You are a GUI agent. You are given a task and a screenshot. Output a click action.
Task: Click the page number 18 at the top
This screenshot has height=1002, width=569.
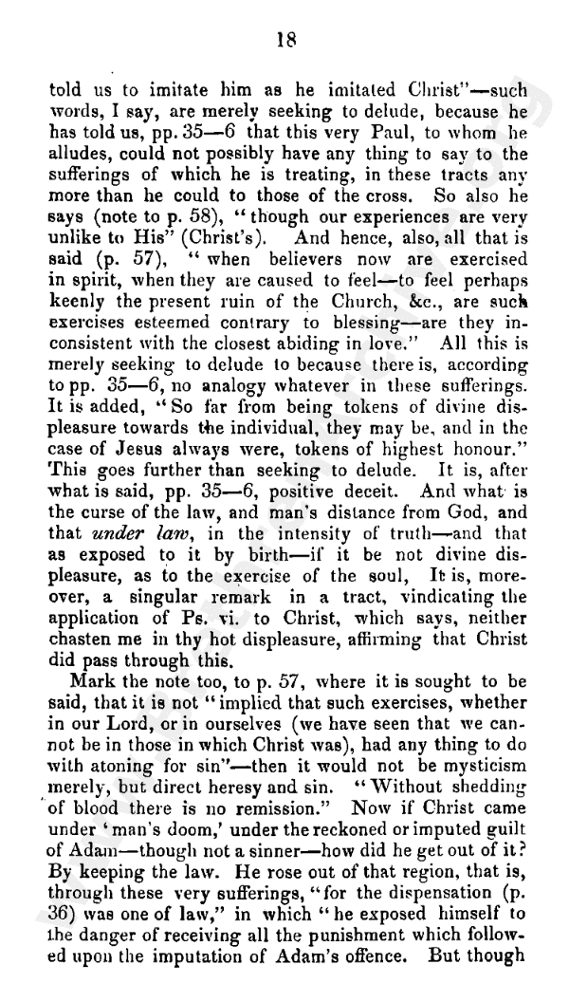(284, 39)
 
